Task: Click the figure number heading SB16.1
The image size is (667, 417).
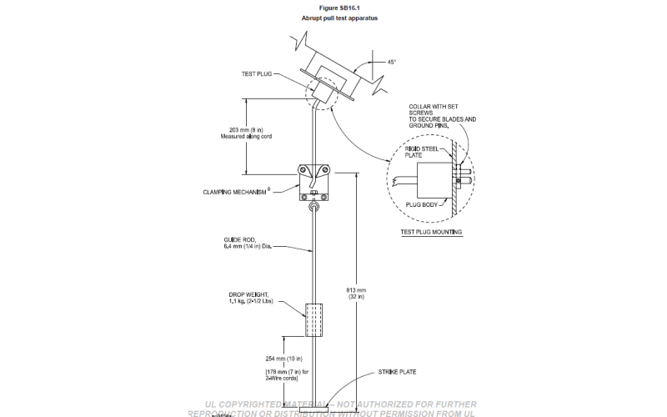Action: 333,8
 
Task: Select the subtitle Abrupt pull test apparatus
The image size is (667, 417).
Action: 333,18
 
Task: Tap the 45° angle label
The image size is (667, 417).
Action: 391,62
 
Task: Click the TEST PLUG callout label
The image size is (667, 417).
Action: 260,73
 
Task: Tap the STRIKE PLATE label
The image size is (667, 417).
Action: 397,371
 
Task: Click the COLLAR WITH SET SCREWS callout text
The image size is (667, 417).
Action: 442,116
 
